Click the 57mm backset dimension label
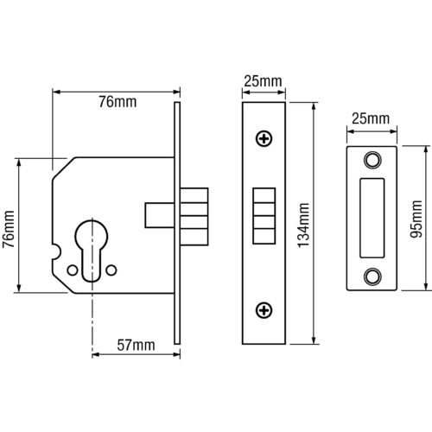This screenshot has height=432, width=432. [136, 345]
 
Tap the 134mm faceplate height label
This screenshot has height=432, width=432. [303, 226]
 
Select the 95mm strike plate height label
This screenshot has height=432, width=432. [416, 219]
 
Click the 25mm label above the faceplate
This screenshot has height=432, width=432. [263, 81]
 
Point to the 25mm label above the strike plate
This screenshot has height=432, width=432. [371, 118]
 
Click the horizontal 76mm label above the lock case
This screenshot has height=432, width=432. [118, 102]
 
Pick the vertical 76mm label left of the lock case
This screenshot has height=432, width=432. [9, 229]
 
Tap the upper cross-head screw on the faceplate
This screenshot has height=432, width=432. [264, 139]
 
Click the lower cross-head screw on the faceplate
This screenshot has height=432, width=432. [264, 310]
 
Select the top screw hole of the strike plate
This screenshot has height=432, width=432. [372, 160]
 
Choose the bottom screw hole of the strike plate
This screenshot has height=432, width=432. [372, 276]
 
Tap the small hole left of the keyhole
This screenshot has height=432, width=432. [72, 270]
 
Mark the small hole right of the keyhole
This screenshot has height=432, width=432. [111, 270]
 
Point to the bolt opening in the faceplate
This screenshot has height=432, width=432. [264, 216]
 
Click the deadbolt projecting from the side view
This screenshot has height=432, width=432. [194, 217]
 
